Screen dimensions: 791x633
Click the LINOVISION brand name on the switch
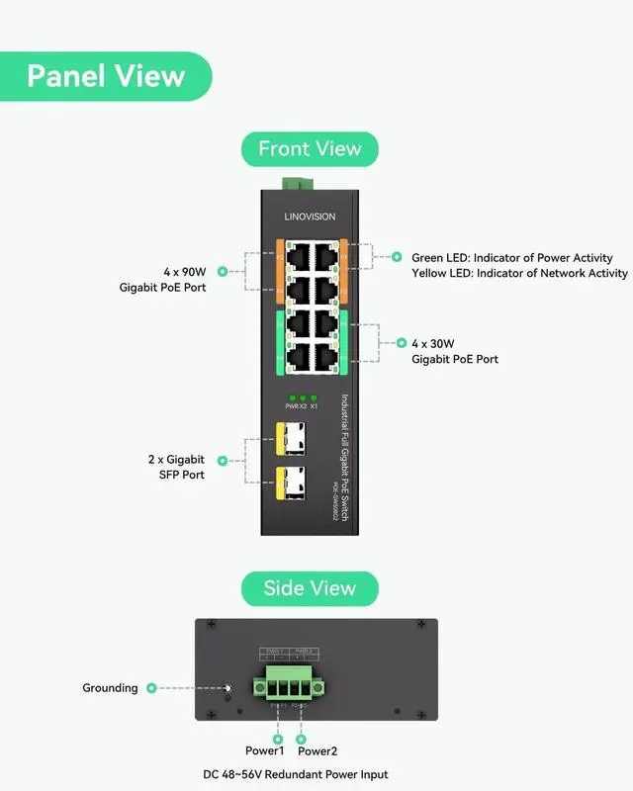coord(310,217)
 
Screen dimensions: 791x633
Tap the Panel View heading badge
coord(106,76)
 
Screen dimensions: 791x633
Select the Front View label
coord(310,149)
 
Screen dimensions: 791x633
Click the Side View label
coord(310,588)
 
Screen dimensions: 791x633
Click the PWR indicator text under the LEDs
coord(292,406)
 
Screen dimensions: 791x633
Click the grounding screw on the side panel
coord(227,689)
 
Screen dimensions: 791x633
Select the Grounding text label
coord(110,688)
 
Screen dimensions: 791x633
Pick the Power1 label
coord(264,751)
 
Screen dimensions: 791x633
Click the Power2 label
coord(317,751)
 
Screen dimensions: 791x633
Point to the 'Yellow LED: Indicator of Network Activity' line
coord(519,273)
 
